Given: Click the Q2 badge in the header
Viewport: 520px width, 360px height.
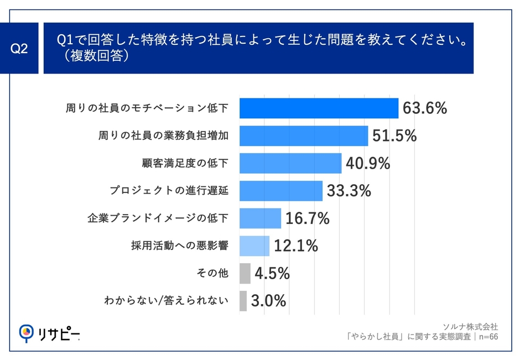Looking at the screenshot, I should (19, 49).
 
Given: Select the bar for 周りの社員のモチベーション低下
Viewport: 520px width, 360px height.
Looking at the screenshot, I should (319, 108).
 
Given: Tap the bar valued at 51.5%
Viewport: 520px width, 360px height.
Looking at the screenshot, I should (304, 135).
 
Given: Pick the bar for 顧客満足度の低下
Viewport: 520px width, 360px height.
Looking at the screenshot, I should (290, 163).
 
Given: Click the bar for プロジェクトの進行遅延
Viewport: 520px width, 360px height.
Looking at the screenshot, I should (281, 191).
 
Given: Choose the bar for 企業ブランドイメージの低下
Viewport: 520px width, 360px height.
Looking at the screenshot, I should (260, 218).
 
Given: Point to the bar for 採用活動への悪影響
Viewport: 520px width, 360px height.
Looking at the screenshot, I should (254, 246).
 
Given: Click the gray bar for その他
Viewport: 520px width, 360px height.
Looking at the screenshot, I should (245, 273).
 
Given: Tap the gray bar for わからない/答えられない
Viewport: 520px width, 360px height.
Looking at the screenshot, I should (243, 301).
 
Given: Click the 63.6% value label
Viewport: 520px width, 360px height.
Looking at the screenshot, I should (424, 108).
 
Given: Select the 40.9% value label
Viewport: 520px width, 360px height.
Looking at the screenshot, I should (368, 163).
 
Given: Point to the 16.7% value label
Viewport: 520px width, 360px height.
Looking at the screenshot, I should (308, 218).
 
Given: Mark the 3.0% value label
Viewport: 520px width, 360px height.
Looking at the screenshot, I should (268, 301).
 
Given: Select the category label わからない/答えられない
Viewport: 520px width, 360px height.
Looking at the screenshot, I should (166, 301).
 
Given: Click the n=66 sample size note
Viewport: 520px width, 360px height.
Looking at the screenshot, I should (487, 336).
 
